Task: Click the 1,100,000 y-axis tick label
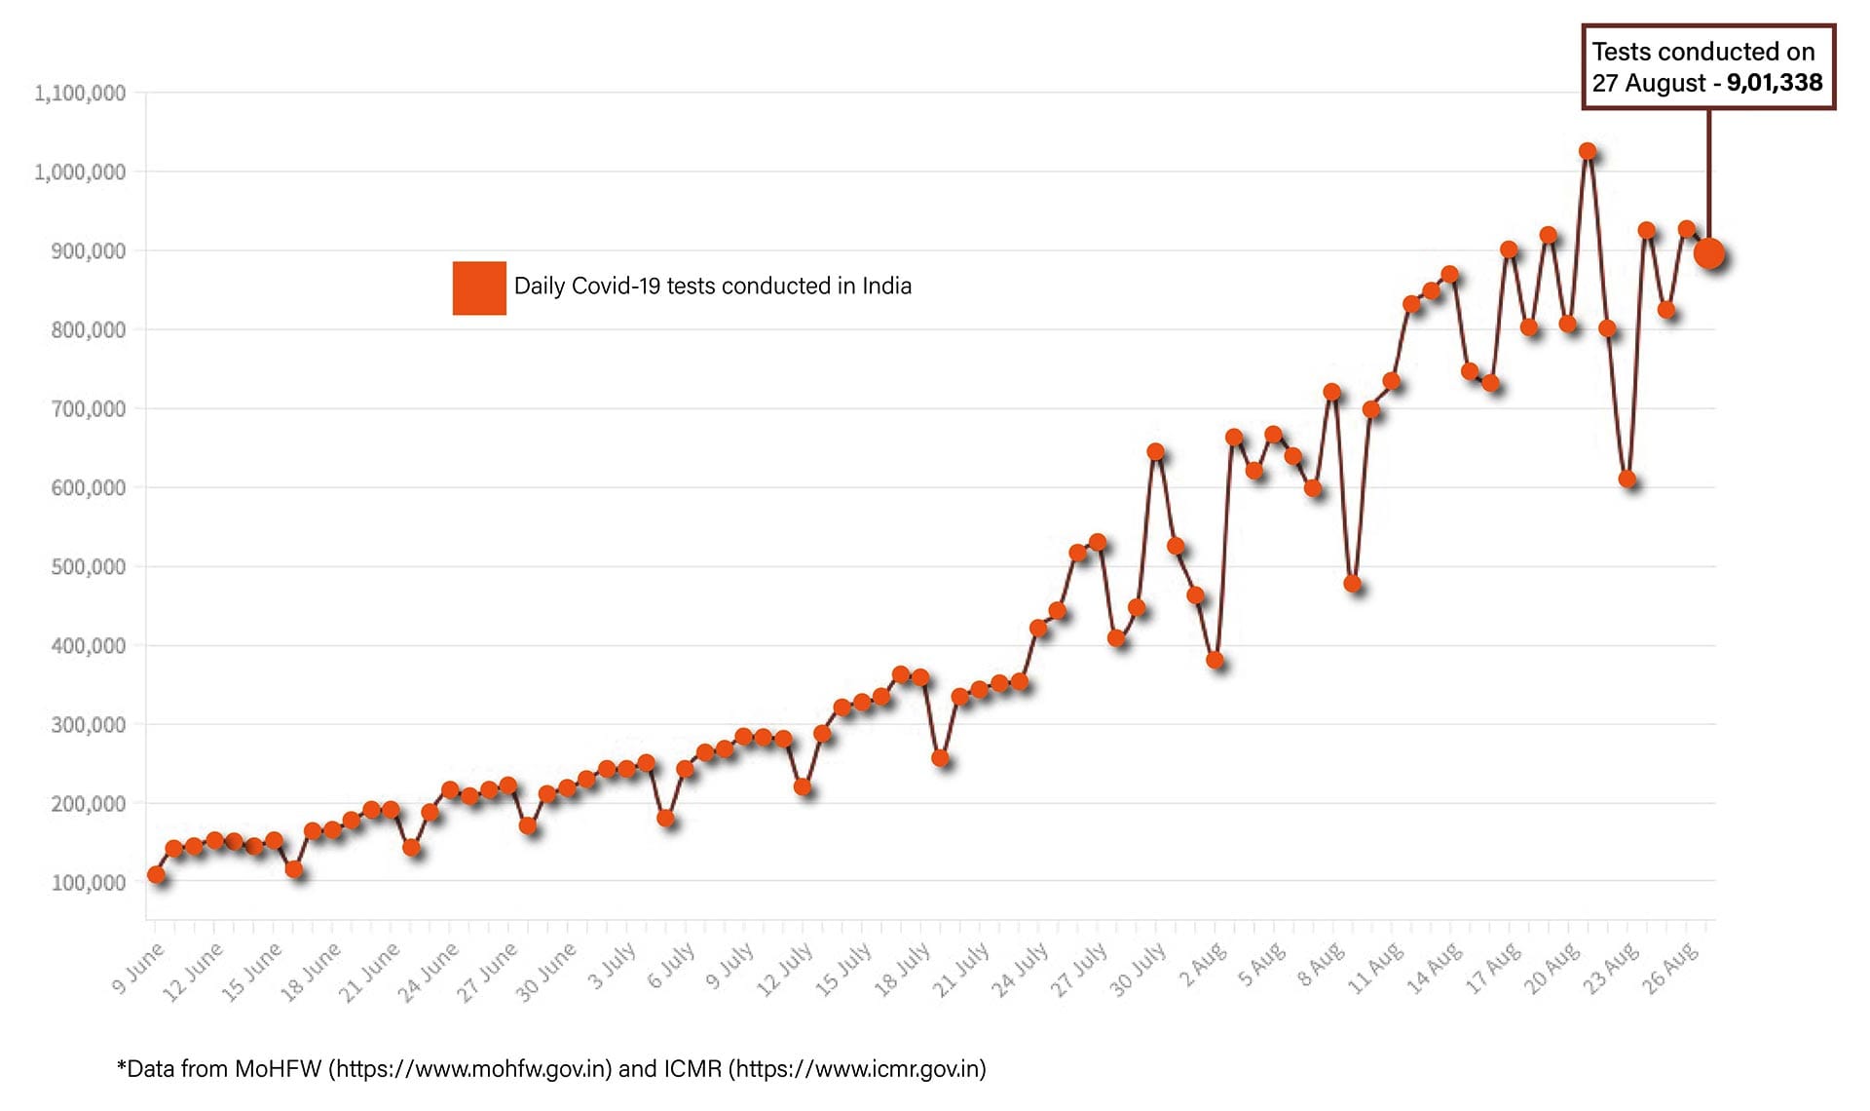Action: point(80,94)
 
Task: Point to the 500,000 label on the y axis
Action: point(88,567)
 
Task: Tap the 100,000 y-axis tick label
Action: point(88,883)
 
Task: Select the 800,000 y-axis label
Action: point(88,330)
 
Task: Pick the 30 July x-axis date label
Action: point(1138,970)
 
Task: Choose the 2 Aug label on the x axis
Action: point(1204,965)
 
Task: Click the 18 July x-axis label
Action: point(902,970)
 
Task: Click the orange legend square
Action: point(479,287)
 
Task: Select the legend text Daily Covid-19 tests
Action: point(712,287)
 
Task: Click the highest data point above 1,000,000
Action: point(1588,152)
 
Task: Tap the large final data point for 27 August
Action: point(1709,254)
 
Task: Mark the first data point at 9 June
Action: point(156,875)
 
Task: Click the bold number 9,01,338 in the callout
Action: point(1775,83)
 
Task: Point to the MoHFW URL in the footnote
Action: point(470,1069)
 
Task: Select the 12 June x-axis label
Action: point(193,972)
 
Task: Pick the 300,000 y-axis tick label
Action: point(88,725)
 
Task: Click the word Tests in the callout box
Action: point(1622,52)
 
